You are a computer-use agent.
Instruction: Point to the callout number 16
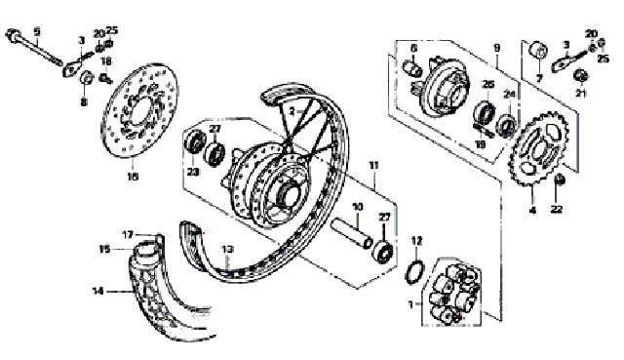coord(134,179)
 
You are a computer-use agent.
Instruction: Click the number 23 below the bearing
coord(192,172)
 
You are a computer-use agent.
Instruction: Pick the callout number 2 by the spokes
coord(290,113)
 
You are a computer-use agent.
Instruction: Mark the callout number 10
coord(357,207)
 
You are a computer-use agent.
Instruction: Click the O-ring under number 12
coord(413,270)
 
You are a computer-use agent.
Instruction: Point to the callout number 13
coord(226,250)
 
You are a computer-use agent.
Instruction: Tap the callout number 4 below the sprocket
coord(532,210)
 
